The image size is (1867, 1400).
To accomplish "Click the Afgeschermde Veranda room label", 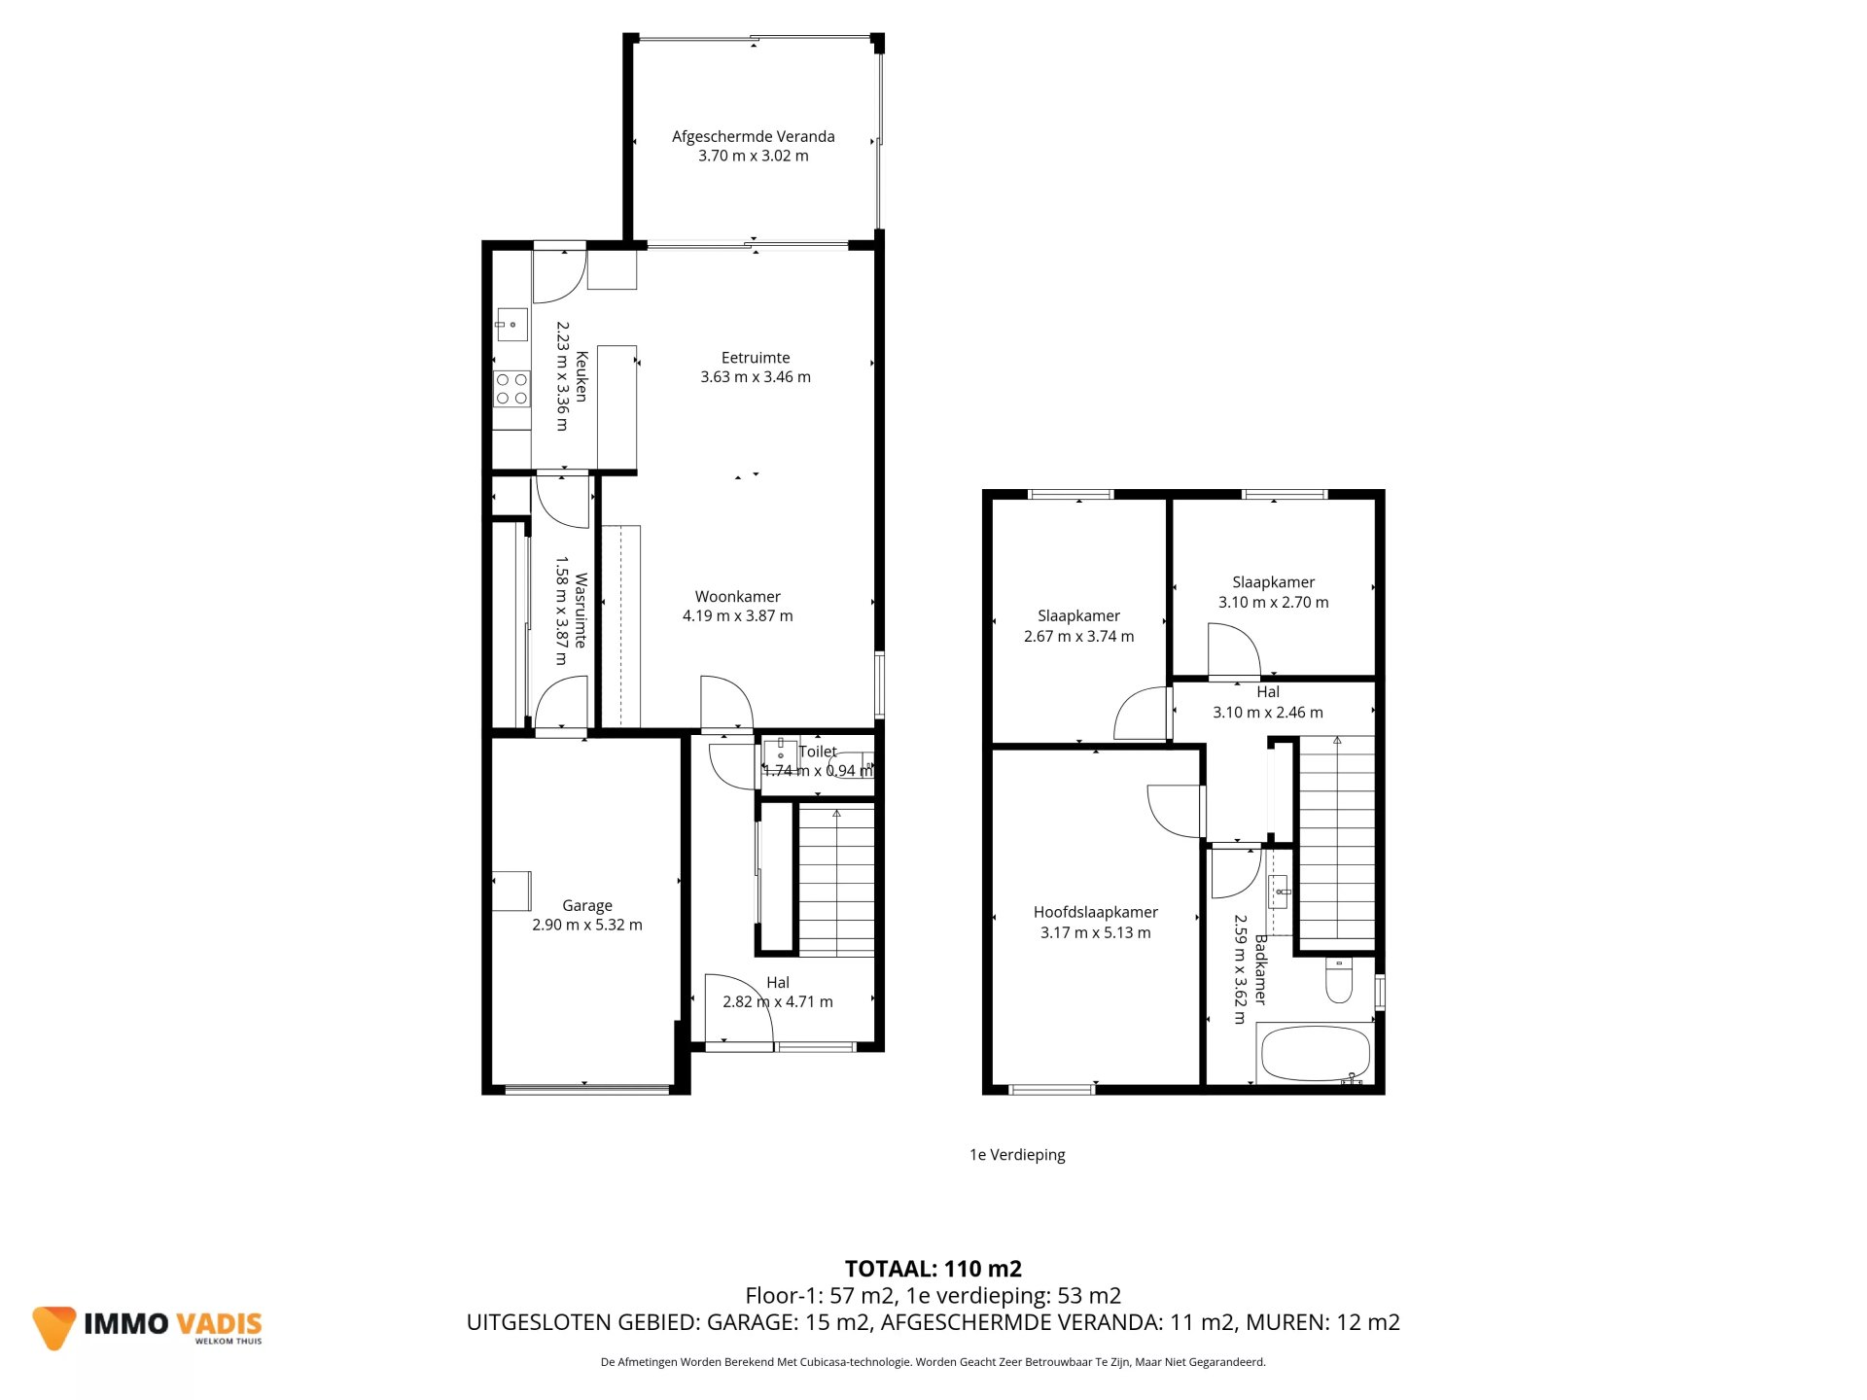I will (753, 137).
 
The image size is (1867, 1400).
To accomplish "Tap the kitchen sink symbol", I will (511, 324).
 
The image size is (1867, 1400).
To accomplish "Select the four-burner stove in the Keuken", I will (511, 388).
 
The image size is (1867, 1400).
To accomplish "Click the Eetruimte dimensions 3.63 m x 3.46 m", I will (756, 377).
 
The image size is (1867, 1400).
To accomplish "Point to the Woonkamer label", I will (737, 597).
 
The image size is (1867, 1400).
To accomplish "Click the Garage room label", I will (586, 905).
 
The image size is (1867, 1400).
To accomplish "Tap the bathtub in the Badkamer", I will (1315, 1054).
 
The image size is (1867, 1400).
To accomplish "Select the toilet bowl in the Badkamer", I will (1339, 982).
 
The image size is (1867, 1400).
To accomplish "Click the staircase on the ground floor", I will (836, 881).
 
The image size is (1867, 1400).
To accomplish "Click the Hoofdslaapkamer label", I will (1095, 912).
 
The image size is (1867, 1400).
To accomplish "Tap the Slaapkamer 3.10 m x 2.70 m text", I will (1273, 592).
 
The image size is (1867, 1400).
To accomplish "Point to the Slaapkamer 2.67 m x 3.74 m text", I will (1078, 626).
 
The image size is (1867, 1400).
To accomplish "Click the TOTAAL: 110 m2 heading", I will (933, 1269).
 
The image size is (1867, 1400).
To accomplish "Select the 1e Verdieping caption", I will (1017, 1155).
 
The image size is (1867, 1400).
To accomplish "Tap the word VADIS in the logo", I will (220, 1324).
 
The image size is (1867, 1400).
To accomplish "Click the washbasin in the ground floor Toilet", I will (780, 752).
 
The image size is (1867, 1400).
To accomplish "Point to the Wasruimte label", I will (581, 610).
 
